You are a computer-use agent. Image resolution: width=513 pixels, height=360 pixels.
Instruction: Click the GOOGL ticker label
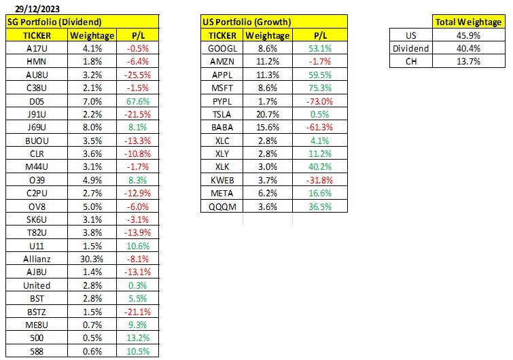(222, 49)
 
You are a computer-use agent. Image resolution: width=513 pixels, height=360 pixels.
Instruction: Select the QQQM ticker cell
(222, 206)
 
